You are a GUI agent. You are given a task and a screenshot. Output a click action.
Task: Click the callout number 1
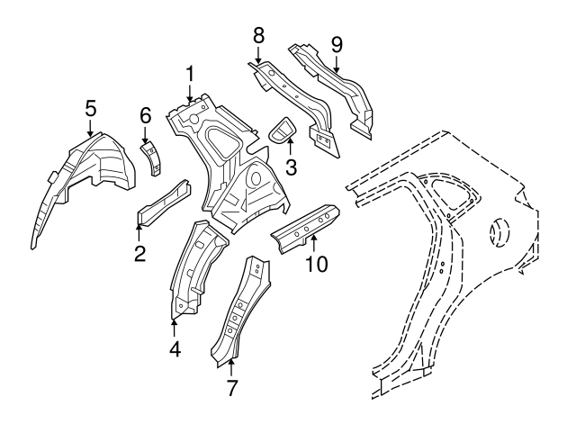(x=190, y=73)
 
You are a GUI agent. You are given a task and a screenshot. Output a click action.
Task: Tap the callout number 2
(x=139, y=254)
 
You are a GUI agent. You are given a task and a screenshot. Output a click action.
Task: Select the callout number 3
(x=290, y=167)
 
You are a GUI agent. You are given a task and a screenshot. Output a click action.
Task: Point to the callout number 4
(x=175, y=347)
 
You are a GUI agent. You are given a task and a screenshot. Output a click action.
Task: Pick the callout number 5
(x=90, y=108)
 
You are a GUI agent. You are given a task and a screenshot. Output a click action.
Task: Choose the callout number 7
(x=230, y=389)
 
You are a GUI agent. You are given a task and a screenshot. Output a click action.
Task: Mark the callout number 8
(x=258, y=36)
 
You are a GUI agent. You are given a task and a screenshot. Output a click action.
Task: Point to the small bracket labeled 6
(x=153, y=158)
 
